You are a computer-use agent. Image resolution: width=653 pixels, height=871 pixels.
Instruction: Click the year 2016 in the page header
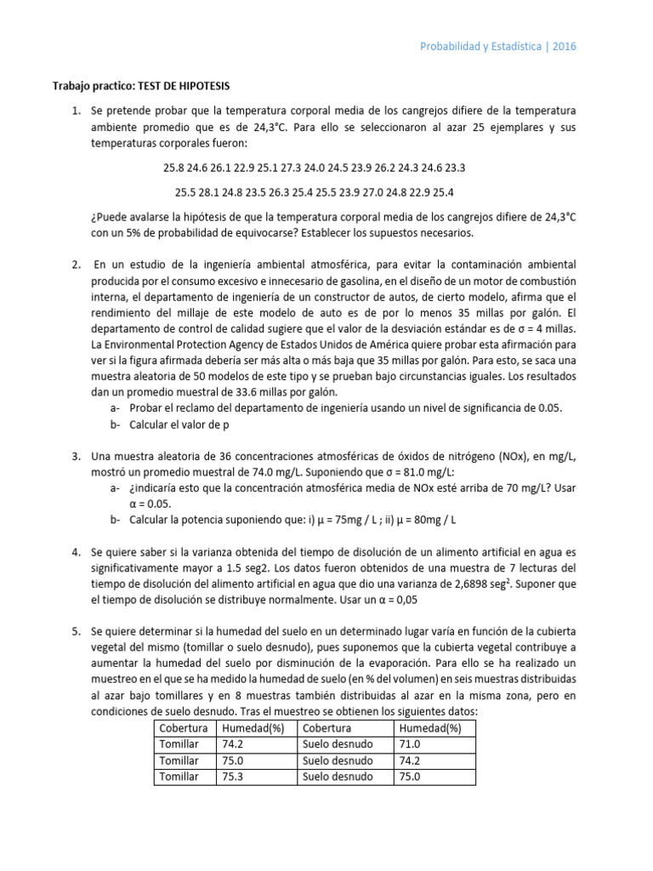pos(563,46)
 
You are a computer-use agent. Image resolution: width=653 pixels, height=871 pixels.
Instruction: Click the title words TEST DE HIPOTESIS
pos(181,86)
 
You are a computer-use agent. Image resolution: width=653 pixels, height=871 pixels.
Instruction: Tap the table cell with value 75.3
pos(234,776)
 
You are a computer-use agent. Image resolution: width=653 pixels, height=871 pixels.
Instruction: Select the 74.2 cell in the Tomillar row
pos(234,743)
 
